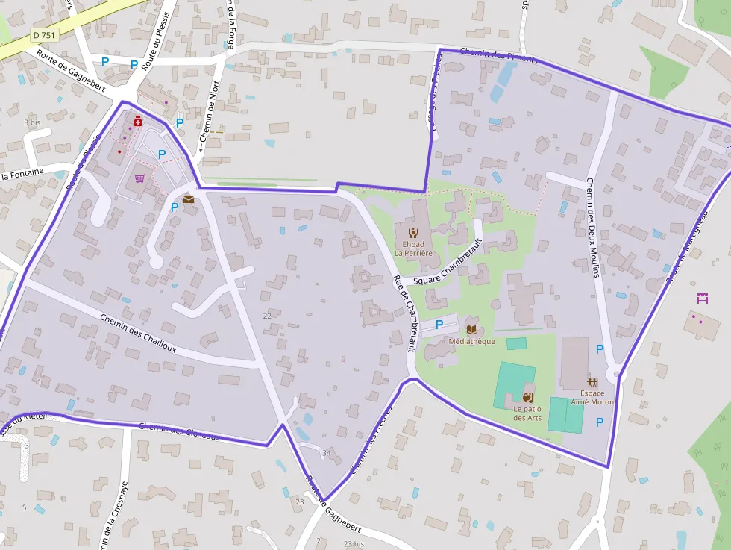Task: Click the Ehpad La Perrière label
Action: click(x=412, y=249)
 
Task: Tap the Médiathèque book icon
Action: click(x=471, y=328)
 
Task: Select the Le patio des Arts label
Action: click(x=527, y=413)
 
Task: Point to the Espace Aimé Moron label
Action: click(x=592, y=397)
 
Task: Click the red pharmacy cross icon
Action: click(x=137, y=121)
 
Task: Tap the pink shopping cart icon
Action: click(x=139, y=178)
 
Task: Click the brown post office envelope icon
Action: click(x=188, y=199)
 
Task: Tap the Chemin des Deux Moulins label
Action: click(x=593, y=227)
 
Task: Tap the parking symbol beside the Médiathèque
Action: click(x=439, y=324)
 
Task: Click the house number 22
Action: click(x=267, y=316)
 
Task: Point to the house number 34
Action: click(x=326, y=453)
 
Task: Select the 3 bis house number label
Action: click(x=32, y=122)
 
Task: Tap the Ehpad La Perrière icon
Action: click(x=413, y=231)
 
